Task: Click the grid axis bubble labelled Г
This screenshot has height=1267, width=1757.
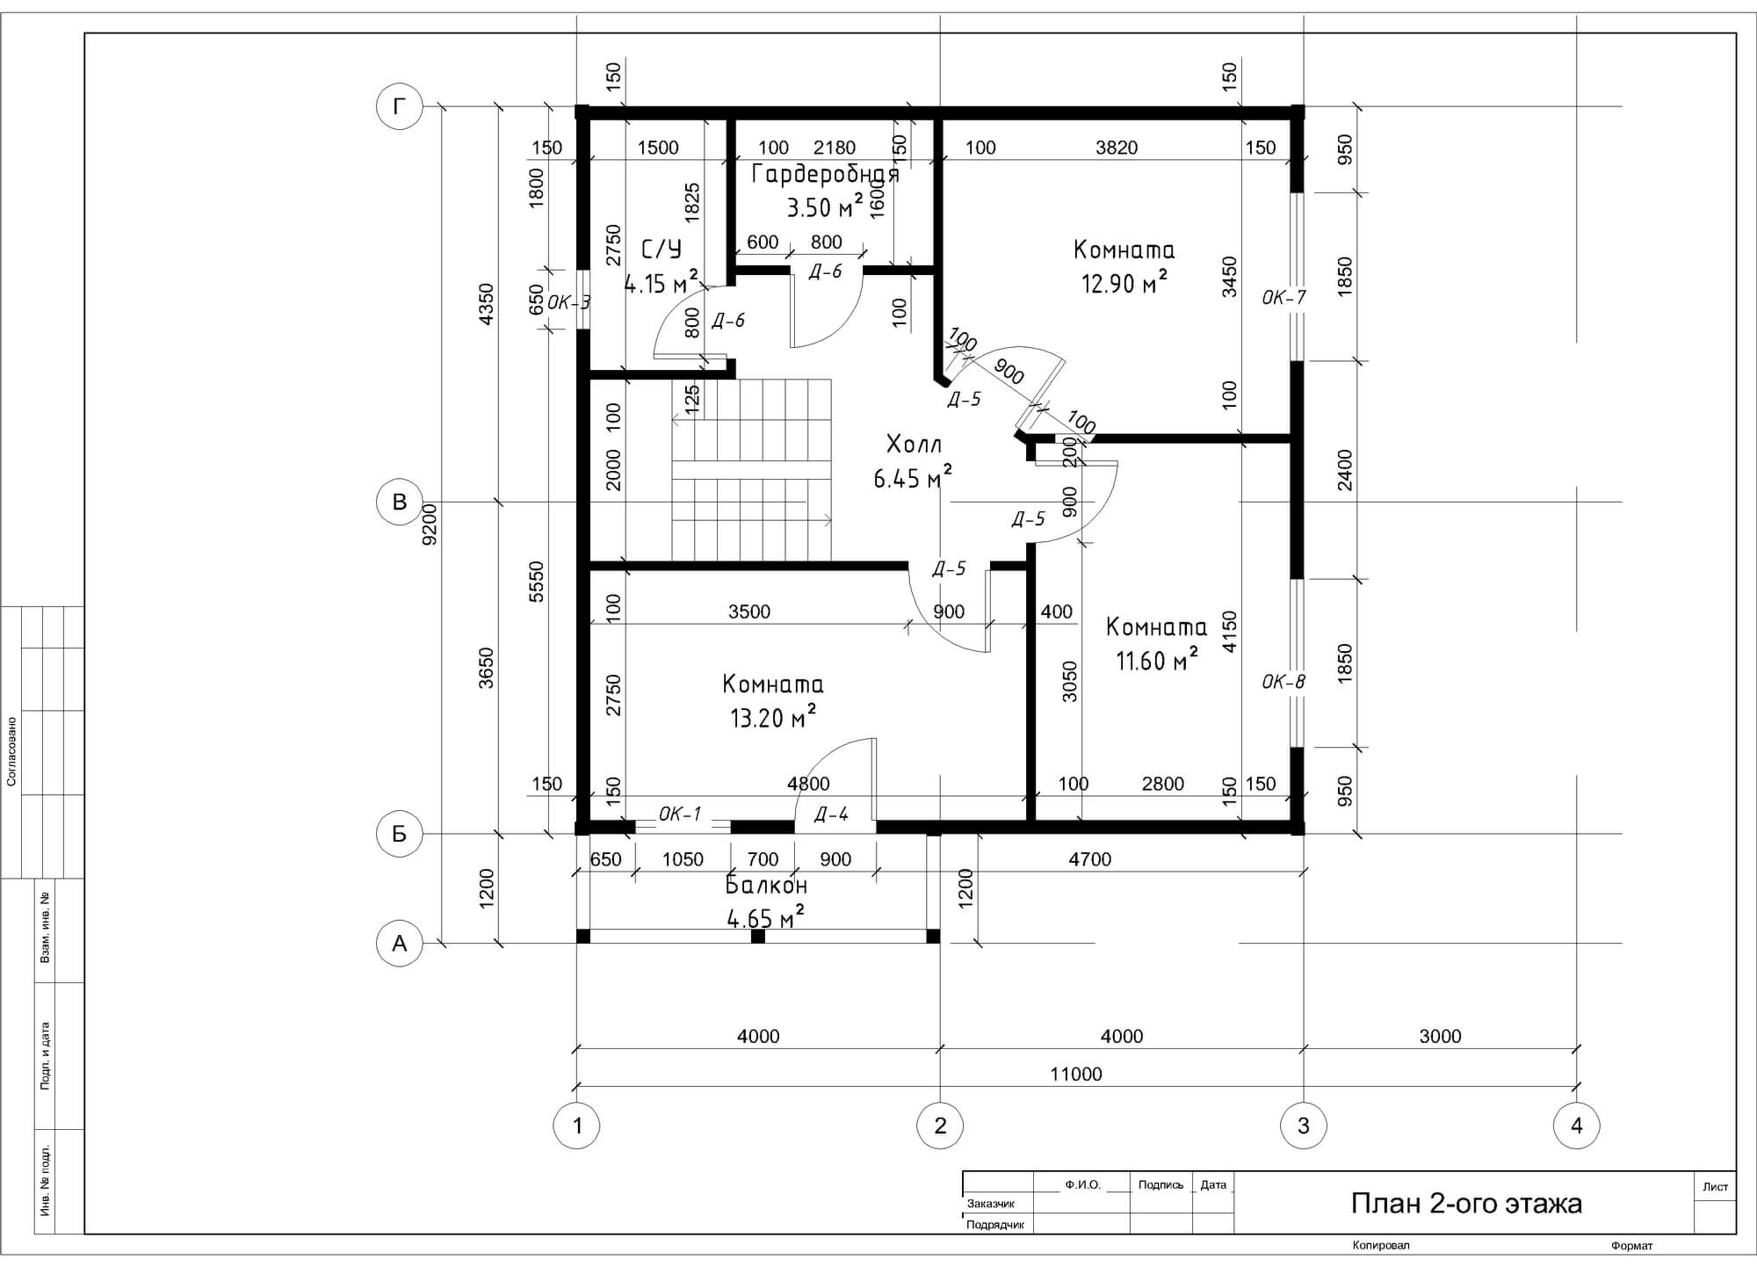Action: click(400, 107)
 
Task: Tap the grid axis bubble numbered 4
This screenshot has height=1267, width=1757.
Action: click(1577, 1126)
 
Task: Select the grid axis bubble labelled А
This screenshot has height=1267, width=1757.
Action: click(400, 944)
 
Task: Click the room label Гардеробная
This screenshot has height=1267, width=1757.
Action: click(826, 174)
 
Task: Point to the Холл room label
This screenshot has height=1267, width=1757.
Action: click(914, 442)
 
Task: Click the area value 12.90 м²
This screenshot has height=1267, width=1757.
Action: click(1124, 283)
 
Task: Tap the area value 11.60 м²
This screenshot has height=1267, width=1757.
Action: click(1157, 659)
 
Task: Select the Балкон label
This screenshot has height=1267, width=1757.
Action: click(766, 885)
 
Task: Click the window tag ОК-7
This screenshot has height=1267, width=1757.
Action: click(1283, 298)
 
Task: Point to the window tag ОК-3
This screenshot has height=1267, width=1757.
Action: click(568, 303)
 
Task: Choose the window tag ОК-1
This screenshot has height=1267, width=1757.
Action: click(680, 814)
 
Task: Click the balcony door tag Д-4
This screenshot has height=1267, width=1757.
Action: click(831, 814)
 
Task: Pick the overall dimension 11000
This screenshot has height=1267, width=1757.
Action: click(1076, 1074)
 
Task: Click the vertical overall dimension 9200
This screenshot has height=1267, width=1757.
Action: click(430, 525)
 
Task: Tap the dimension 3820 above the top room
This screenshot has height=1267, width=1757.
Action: click(1117, 148)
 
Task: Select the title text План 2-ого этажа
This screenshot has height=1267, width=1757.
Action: click(1466, 1203)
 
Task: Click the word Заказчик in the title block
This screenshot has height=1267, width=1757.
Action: click(990, 1204)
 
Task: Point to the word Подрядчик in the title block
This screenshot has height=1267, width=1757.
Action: click(995, 1225)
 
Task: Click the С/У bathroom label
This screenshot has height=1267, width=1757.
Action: click(662, 250)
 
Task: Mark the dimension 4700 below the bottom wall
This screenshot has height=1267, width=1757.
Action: click(1089, 859)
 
